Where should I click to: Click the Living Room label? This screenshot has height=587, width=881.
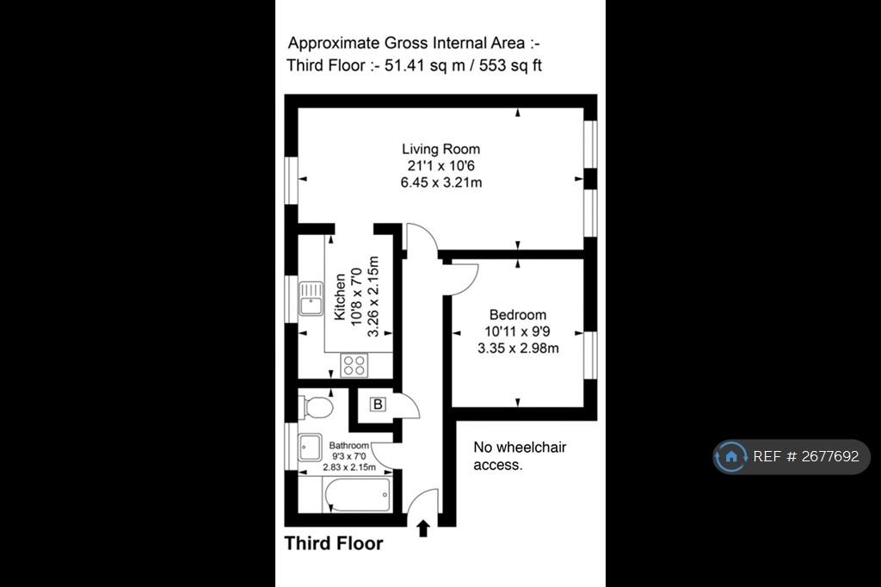pyautogui.click(x=441, y=149)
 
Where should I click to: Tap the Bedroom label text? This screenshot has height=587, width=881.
pyautogui.click(x=517, y=315)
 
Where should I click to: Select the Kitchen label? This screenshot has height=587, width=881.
pyautogui.click(x=339, y=296)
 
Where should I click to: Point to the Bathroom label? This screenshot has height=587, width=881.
pyautogui.click(x=349, y=445)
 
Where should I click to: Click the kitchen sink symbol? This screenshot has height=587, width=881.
pyautogui.click(x=311, y=298)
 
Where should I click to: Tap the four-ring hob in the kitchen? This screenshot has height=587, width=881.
pyautogui.click(x=354, y=366)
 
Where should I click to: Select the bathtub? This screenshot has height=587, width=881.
pyautogui.click(x=357, y=495)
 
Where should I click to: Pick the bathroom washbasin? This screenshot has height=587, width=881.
pyautogui.click(x=310, y=448)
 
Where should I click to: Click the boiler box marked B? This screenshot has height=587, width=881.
pyautogui.click(x=379, y=404)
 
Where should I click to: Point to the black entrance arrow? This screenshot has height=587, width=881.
pyautogui.click(x=423, y=528)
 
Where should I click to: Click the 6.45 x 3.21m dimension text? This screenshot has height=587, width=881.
pyautogui.click(x=441, y=182)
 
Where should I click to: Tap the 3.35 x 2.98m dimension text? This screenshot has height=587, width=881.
pyautogui.click(x=518, y=349)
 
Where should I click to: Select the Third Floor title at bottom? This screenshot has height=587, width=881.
pyautogui.click(x=334, y=543)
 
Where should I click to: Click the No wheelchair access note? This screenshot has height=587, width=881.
pyautogui.click(x=520, y=456)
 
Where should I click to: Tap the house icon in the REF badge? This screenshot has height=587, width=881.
pyautogui.click(x=731, y=456)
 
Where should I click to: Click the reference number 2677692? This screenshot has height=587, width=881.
pyautogui.click(x=830, y=456)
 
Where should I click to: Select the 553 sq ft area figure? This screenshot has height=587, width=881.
pyautogui.click(x=511, y=65)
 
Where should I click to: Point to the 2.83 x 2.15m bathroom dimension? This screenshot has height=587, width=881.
pyautogui.click(x=349, y=467)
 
